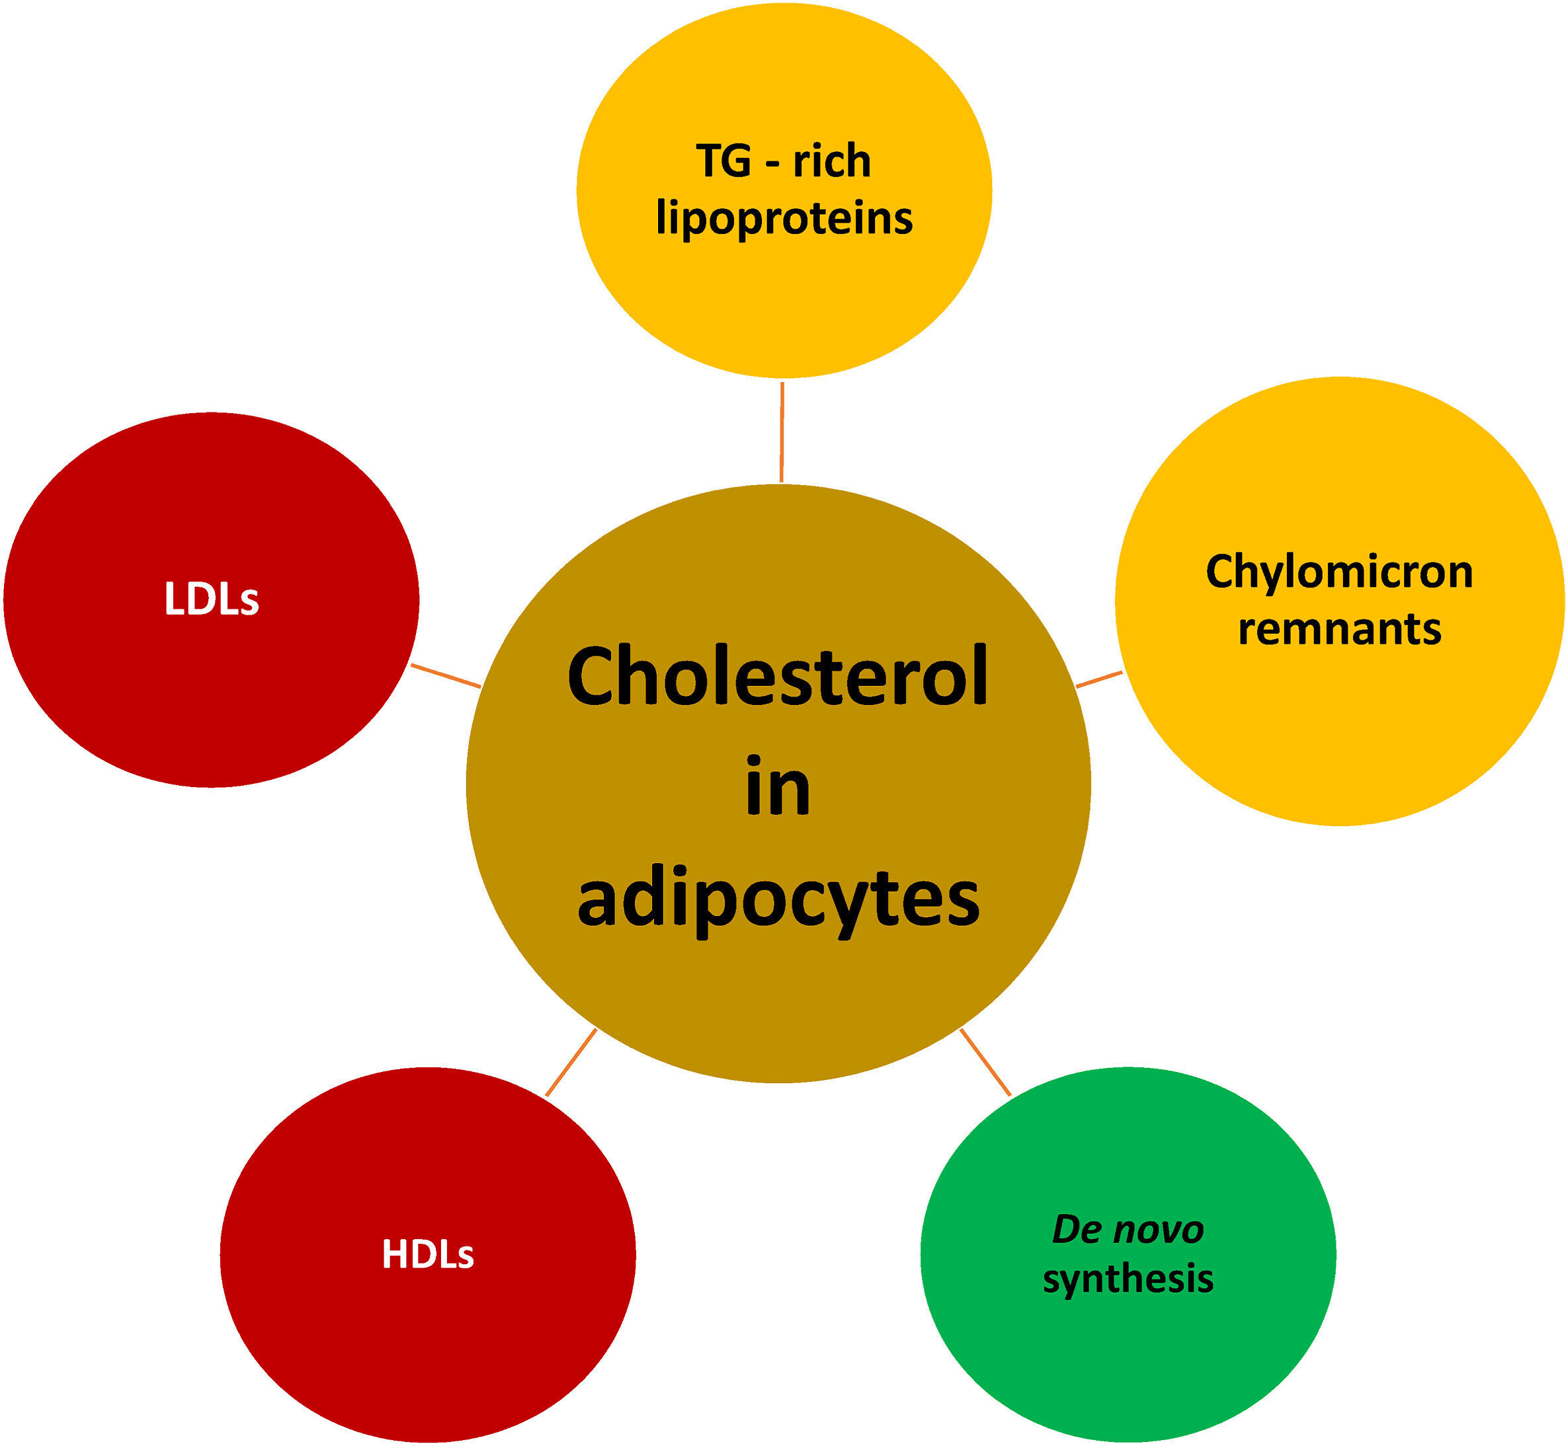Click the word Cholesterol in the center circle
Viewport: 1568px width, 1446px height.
776,677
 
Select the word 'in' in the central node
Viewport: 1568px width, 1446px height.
777,788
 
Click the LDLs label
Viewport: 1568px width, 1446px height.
212,600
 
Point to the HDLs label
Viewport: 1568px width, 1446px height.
427,1254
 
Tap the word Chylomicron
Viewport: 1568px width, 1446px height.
1339,572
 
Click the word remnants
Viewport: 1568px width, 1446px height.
1339,629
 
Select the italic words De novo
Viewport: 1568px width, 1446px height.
1128,1229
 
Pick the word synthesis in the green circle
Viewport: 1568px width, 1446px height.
1128,1279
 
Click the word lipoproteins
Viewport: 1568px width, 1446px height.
784,217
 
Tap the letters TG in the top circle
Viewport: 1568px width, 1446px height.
723,161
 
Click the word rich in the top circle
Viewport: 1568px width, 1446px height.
831,161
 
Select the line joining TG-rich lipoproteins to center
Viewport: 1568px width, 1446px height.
781,432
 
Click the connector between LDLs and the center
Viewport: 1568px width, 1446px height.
446,676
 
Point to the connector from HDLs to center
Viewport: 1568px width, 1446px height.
571,1063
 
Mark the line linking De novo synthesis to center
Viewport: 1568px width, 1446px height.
985,1062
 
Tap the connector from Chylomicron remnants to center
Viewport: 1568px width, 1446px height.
1099,679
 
